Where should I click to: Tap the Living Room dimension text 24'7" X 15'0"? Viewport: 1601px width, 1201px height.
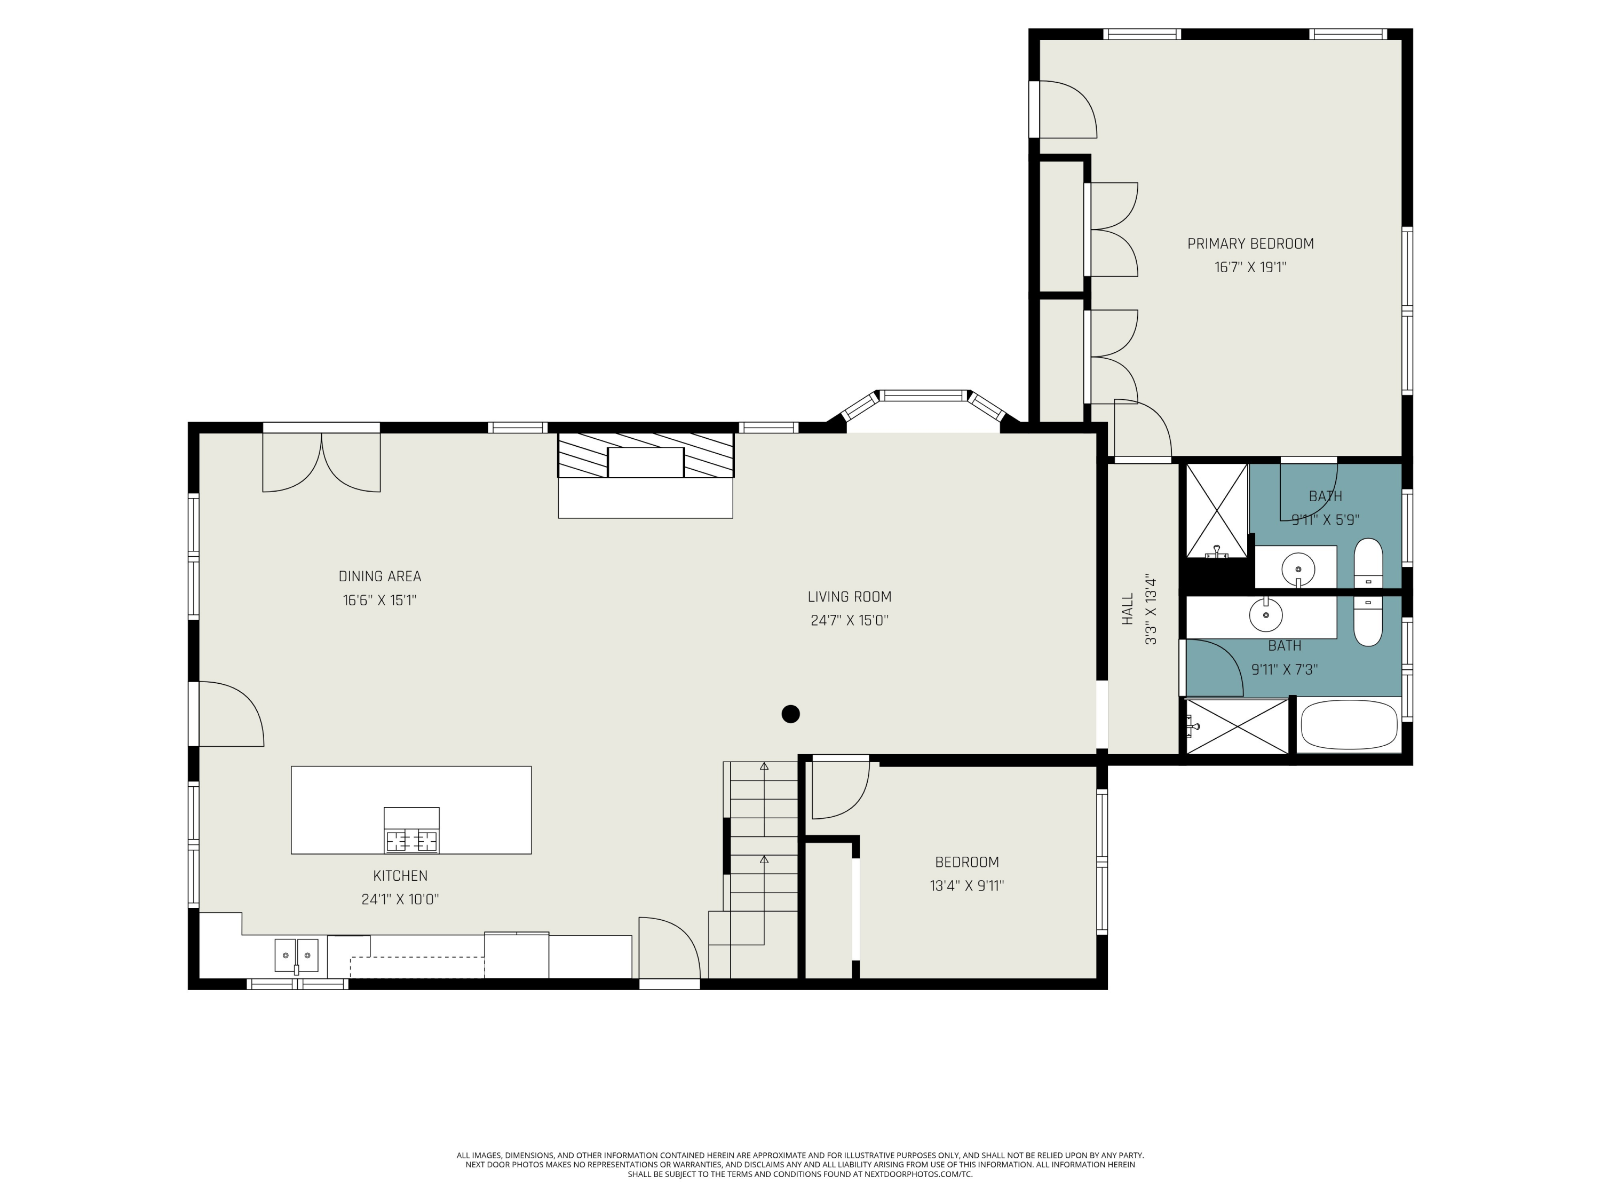[x=849, y=620]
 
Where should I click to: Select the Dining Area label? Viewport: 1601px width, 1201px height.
[x=379, y=576]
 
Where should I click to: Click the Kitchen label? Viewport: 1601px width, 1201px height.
[x=400, y=875]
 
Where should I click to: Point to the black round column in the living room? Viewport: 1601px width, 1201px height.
[x=790, y=714]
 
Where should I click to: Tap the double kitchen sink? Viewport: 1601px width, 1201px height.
[x=296, y=955]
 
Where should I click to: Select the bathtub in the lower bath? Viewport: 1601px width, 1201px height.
[x=1349, y=725]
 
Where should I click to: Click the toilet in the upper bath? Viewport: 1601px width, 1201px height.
[x=1368, y=564]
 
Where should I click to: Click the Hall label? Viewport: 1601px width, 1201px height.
[x=1127, y=610]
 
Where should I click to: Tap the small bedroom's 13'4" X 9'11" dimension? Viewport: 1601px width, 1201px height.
[x=967, y=886]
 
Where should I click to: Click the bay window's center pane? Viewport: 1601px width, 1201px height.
[x=923, y=396]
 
